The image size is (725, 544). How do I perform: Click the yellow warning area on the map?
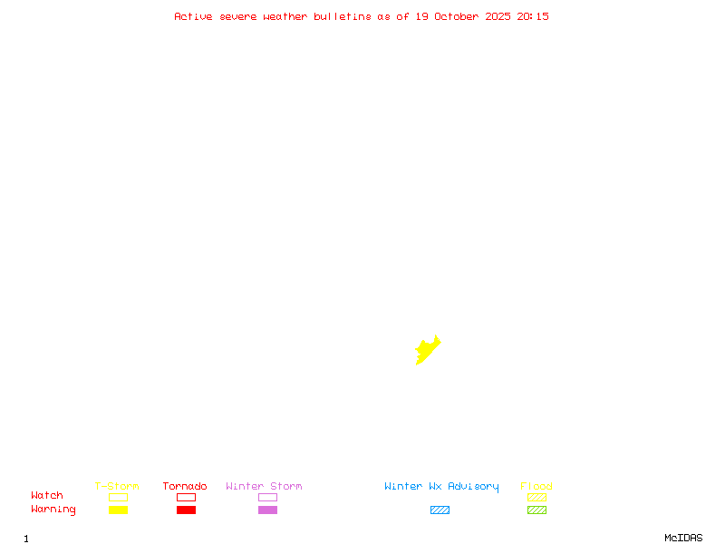tap(426, 351)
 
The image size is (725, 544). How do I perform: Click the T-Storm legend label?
tap(117, 487)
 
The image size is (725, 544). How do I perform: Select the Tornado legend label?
tap(185, 487)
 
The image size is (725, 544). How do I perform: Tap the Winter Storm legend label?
tap(264, 487)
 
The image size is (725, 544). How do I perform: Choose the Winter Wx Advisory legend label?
tap(441, 487)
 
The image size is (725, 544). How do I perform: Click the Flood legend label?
tap(536, 487)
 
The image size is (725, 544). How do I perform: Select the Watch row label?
tap(47, 496)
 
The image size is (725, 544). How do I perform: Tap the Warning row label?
tap(53, 510)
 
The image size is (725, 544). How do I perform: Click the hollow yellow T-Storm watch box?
tap(118, 497)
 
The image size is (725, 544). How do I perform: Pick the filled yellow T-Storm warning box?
tap(118, 510)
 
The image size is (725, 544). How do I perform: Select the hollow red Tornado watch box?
tap(186, 497)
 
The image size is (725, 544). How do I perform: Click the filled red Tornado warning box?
tap(186, 510)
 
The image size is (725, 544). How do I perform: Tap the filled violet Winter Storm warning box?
tap(267, 510)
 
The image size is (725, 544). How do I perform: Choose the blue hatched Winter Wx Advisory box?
tap(440, 510)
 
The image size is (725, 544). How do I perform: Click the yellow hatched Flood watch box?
tap(536, 497)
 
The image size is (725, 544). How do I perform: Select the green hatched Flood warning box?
tap(536, 510)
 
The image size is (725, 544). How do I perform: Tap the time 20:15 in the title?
tap(533, 16)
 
